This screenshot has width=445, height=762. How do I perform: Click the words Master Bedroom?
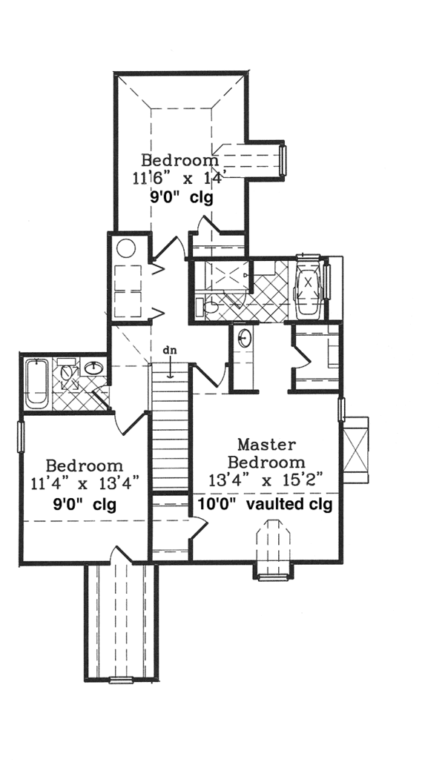click(266, 453)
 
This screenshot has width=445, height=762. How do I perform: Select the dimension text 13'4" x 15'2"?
click(268, 480)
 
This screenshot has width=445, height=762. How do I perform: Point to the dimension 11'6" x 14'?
click(180, 179)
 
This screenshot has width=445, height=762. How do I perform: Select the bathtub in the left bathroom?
click(37, 382)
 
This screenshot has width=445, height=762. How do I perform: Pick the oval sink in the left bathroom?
click(93, 367)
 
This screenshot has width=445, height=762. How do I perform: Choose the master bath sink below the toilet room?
click(245, 340)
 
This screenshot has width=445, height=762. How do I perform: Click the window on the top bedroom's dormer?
click(283, 162)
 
